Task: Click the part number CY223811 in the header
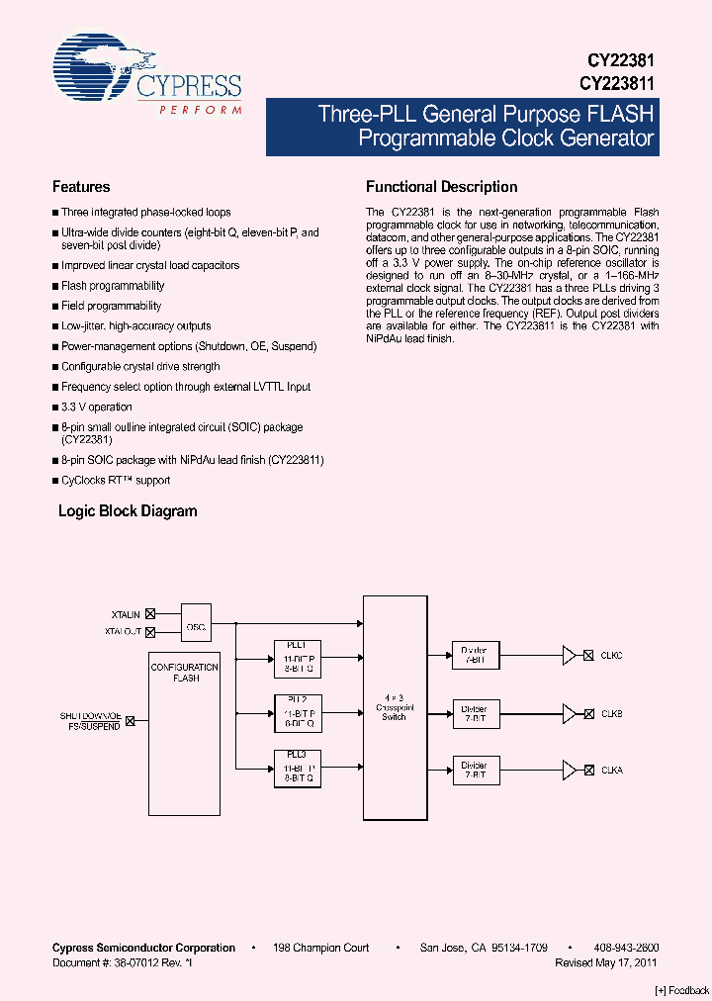[x=617, y=84]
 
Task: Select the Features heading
[x=81, y=187]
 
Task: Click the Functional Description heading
[x=441, y=187]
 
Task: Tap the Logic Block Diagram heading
[x=128, y=511]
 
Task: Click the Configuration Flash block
[x=185, y=733]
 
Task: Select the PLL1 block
[x=297, y=656]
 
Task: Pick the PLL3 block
[x=297, y=768]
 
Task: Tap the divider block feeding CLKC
[x=474, y=655]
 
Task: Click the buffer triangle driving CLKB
[x=569, y=712]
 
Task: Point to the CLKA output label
[x=611, y=770]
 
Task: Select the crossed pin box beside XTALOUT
[x=150, y=631]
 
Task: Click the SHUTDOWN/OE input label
[x=91, y=716]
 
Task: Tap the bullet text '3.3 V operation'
[x=96, y=407]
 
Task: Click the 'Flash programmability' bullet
[x=113, y=286]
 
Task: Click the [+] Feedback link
[x=682, y=990]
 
